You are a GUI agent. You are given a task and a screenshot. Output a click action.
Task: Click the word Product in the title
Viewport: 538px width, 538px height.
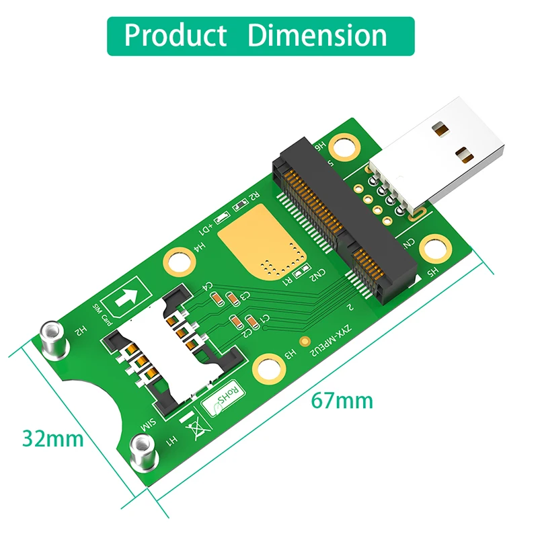click(176, 35)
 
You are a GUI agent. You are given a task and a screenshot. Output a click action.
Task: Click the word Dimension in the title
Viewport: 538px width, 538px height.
click(317, 35)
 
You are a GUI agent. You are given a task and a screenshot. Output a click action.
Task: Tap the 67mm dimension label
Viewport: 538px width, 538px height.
click(341, 401)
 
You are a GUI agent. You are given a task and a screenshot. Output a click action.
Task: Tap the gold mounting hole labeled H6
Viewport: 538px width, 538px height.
click(346, 144)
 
